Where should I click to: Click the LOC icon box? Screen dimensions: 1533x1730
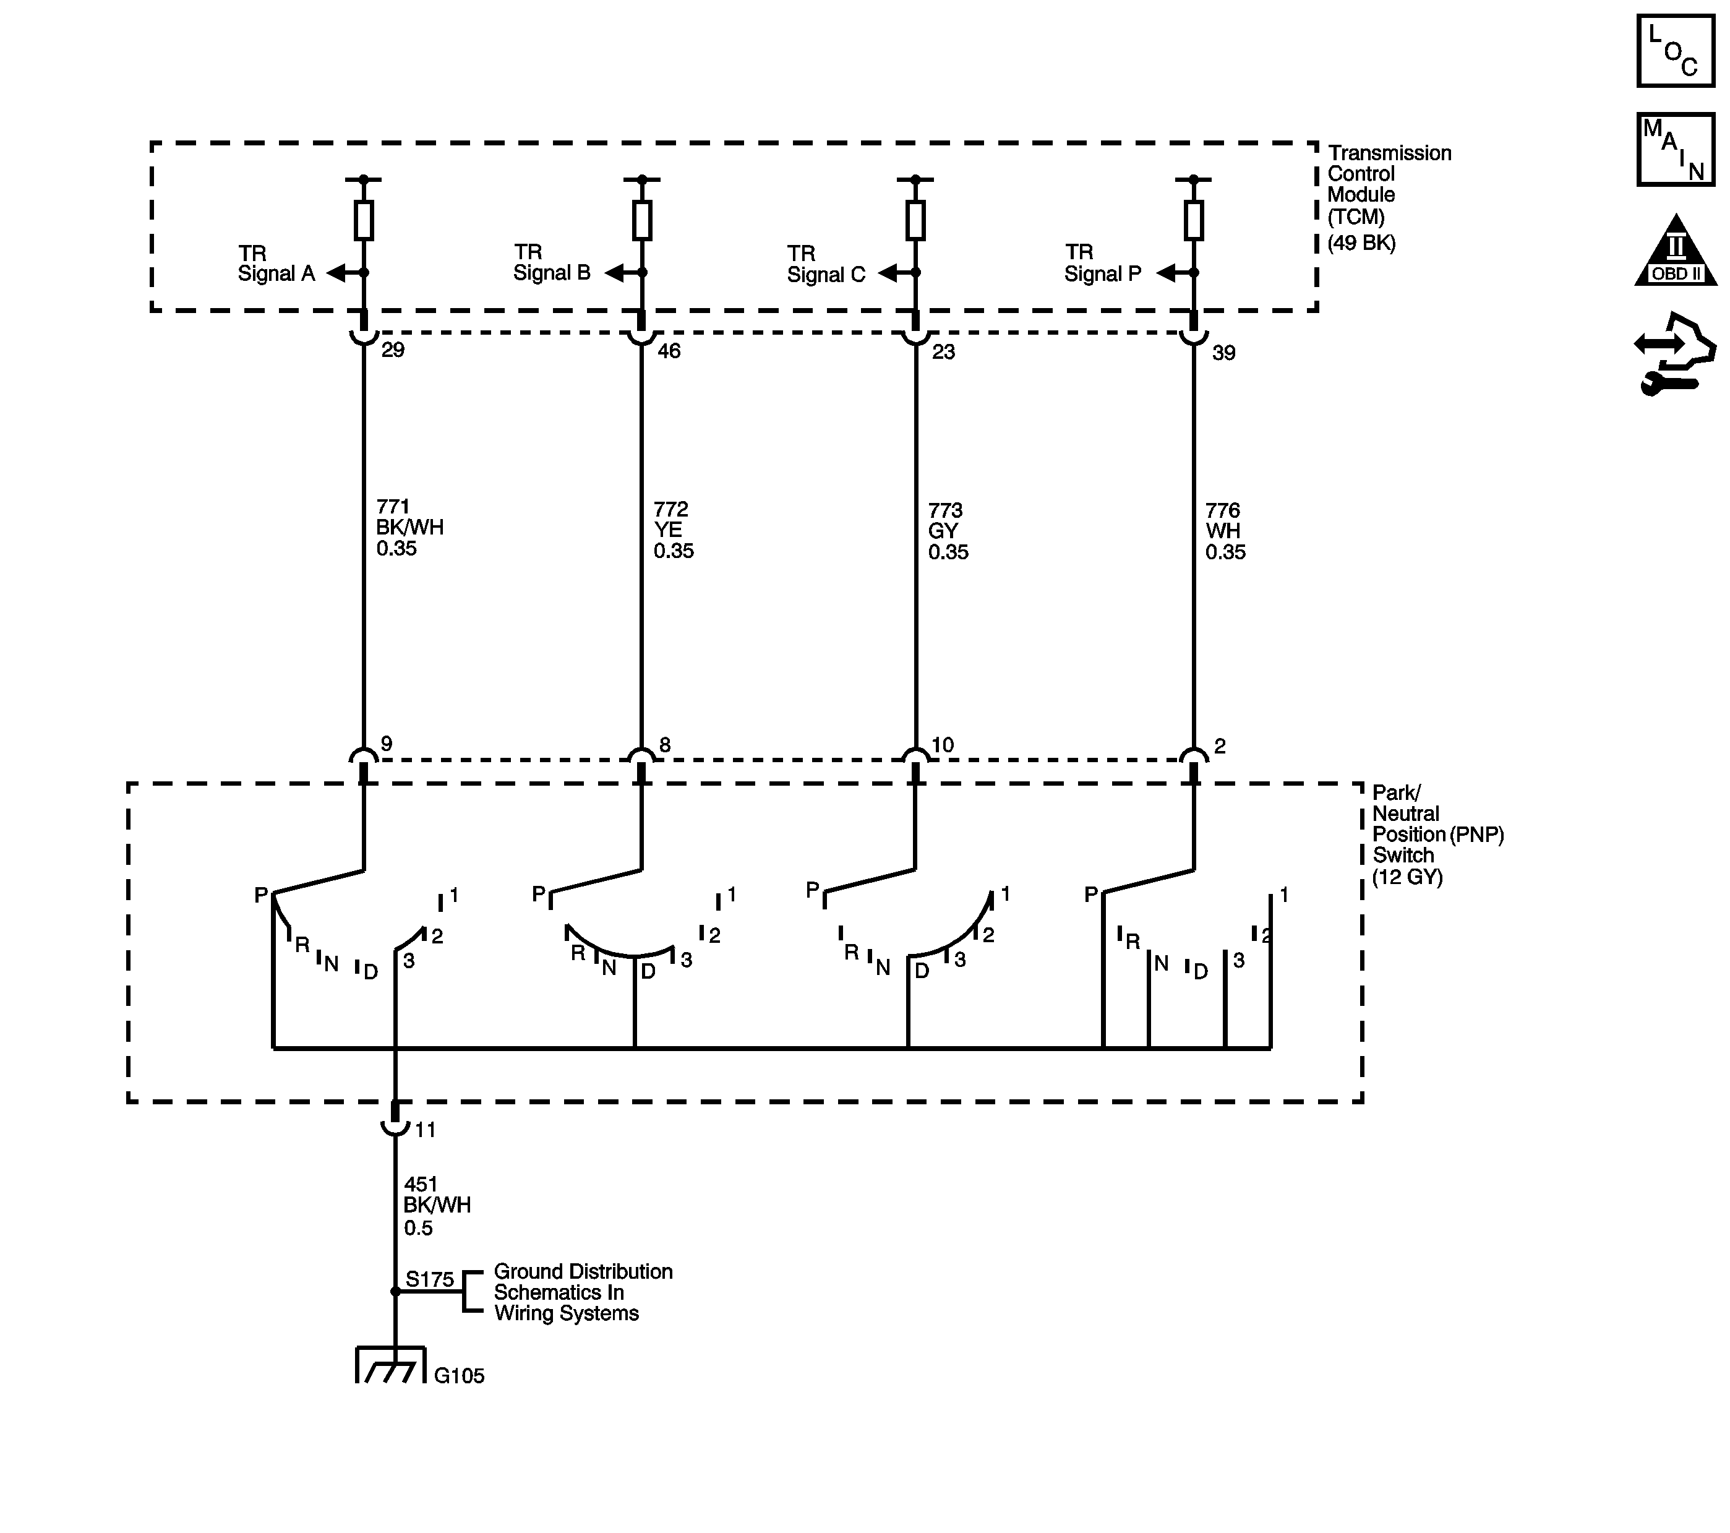1675,50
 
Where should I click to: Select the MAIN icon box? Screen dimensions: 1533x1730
1675,149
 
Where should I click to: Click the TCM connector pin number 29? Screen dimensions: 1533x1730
393,350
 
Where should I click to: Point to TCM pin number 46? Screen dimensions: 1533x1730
669,350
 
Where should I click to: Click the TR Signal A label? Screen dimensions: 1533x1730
276,264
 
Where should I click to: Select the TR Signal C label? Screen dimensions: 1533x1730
826,264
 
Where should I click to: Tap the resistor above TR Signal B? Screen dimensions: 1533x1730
641,220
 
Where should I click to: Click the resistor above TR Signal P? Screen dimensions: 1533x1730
1193,220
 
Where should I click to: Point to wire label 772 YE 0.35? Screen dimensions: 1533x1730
673,530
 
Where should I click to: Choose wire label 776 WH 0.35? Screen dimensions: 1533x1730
1225,531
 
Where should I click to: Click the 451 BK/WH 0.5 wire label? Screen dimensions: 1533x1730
437,1205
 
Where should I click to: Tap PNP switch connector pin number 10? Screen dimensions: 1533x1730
942,745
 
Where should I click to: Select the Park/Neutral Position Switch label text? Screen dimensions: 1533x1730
1437,834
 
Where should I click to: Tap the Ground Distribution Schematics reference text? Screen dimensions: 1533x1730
582,1292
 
